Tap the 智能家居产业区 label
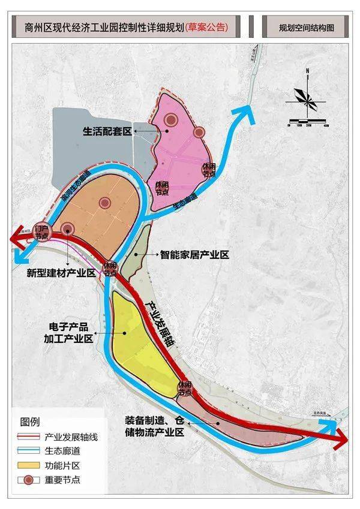[195, 255]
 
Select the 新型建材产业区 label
[62, 273]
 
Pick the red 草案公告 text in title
[207, 27]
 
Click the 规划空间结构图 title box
[306, 27]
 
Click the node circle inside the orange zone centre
[106, 203]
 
